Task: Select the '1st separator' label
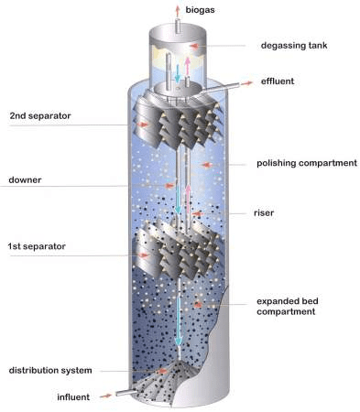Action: [x=38, y=246]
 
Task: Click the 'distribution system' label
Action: [x=49, y=370]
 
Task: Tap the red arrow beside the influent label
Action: [x=107, y=396]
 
